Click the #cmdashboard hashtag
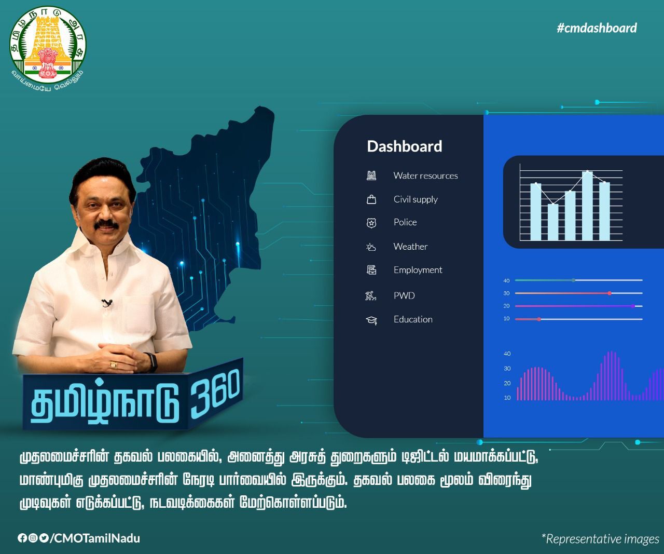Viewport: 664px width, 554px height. point(597,28)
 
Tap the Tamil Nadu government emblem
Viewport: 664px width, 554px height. point(48,49)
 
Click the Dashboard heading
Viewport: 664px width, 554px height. point(404,146)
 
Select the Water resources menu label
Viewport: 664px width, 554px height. point(425,175)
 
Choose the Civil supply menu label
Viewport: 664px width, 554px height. point(416,199)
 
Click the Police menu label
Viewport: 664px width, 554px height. point(405,222)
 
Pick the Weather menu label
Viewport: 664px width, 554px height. point(410,247)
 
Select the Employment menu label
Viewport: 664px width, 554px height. point(418,270)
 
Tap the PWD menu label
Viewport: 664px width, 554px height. point(404,295)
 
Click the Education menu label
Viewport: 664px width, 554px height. point(413,319)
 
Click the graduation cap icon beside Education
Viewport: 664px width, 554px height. point(371,320)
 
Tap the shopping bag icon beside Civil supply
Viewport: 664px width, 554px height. point(371,199)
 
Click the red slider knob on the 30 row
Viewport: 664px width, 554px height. point(610,293)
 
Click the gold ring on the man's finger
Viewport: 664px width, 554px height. point(113,364)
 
